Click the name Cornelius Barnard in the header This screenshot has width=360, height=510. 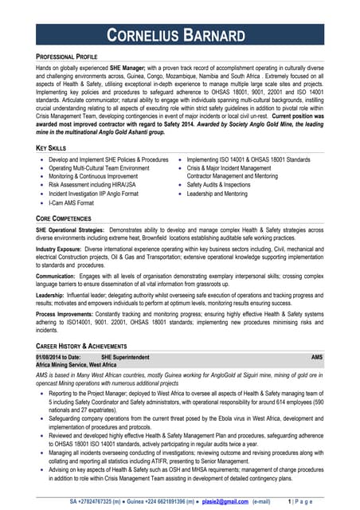tap(180, 36)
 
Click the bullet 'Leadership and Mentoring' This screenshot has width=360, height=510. tap(217, 193)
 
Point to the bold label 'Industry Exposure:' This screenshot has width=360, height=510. tap(61, 248)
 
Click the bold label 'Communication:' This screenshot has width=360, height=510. tap(57, 276)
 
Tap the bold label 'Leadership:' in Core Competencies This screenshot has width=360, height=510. tap(53, 296)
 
